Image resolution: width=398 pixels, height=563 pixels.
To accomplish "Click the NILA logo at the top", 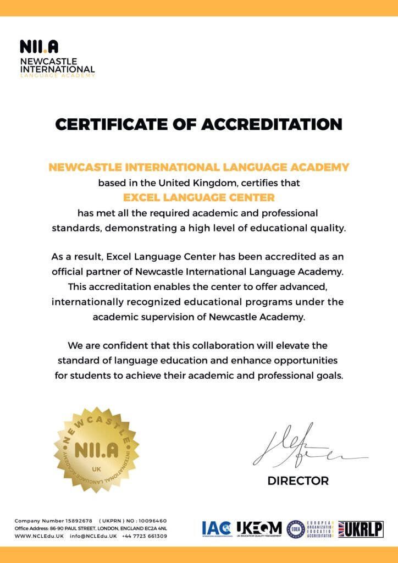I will (39, 47).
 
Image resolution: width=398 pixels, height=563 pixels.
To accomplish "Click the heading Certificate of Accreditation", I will (198, 124).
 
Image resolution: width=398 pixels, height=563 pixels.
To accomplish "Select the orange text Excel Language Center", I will (198, 197).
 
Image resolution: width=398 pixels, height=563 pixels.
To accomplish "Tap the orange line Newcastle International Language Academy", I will (198, 167).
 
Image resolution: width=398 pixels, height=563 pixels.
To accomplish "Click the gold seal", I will (96, 450).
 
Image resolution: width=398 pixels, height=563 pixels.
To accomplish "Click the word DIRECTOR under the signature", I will (298, 481).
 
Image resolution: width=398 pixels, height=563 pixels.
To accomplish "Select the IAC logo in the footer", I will (217, 529).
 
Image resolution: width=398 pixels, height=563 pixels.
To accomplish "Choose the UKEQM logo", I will (259, 529).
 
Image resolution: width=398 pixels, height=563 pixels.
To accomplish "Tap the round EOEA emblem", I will (296, 529).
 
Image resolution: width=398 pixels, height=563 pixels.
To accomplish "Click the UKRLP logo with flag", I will (361, 529).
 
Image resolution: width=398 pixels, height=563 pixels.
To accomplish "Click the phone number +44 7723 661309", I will (145, 536).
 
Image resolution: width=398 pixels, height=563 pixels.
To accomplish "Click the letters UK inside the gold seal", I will (96, 470).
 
